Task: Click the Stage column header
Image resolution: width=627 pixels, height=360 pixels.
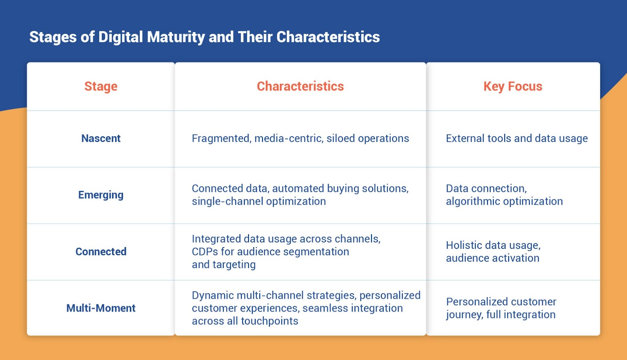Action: (x=101, y=86)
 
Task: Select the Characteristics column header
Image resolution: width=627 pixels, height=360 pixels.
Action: (x=300, y=86)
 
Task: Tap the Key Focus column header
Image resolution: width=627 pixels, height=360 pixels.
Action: (x=513, y=86)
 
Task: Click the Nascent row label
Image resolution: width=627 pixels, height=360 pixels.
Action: (x=101, y=138)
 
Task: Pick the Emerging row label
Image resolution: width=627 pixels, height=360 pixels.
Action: (x=101, y=195)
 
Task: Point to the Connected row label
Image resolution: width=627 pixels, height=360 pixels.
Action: (x=101, y=251)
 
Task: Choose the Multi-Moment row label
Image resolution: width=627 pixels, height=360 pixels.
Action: (x=101, y=308)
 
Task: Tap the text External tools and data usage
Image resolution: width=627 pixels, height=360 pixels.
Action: (x=516, y=138)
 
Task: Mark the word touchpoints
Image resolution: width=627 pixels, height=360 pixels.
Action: (x=269, y=321)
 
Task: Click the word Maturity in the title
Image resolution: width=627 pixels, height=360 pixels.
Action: (x=176, y=37)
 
